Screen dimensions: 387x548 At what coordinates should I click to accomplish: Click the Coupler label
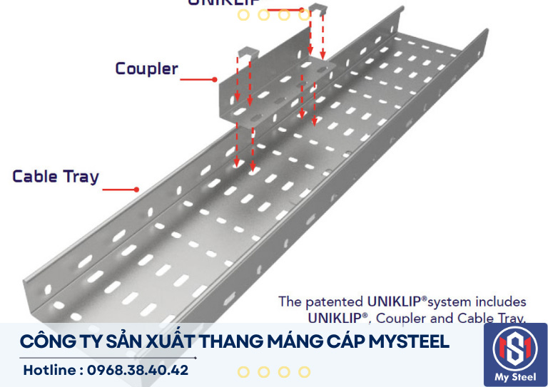click(146, 69)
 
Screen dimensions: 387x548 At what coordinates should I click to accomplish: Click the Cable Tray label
click(56, 177)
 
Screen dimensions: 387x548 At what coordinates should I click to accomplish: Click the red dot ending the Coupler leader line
click(214, 79)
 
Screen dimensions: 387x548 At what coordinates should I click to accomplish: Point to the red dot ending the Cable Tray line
click(136, 190)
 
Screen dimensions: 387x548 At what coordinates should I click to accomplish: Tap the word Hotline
click(50, 371)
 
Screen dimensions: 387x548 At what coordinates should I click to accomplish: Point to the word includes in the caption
click(502, 301)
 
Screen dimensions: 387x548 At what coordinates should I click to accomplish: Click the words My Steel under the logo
click(515, 377)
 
